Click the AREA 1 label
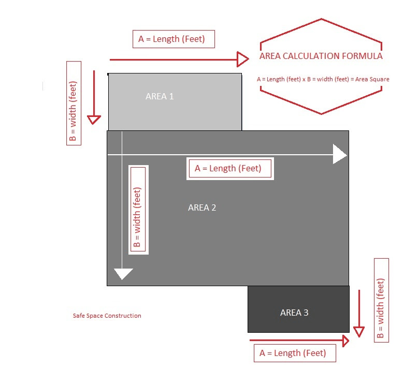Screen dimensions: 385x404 [x=160, y=96]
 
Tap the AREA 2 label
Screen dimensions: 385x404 [x=202, y=208]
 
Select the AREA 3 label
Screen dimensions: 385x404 [x=294, y=313]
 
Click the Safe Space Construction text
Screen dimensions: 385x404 [x=107, y=316]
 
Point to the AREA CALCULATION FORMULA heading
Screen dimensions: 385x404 [x=321, y=56]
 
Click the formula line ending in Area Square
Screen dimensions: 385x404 [x=323, y=79]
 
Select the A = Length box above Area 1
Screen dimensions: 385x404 [x=173, y=39]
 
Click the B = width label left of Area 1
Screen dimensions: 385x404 [x=74, y=103]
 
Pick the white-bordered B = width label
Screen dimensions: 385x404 [x=138, y=210]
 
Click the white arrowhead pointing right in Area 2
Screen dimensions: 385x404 [x=340, y=154]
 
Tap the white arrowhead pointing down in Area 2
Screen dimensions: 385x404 [x=123, y=274]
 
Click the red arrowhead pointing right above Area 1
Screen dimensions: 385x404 [x=242, y=59]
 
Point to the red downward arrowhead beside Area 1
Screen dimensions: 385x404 [x=94, y=120]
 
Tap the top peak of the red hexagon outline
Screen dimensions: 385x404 [x=322, y=19]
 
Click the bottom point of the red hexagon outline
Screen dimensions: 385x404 [x=322, y=114]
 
